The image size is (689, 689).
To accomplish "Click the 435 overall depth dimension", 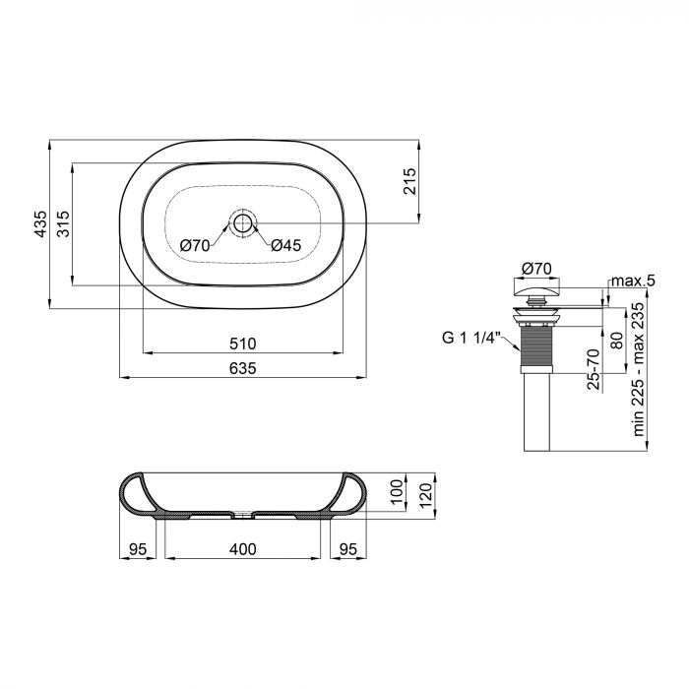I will [x=40, y=225].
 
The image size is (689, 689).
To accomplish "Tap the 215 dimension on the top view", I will [x=411, y=182].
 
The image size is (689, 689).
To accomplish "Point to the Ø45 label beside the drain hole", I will [x=284, y=246].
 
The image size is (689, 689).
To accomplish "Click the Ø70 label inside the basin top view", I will [x=194, y=246].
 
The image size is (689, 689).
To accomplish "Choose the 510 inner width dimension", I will [x=243, y=344].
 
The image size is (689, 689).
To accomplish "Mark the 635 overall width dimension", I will [x=243, y=368].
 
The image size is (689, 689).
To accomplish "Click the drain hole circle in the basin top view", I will [x=242, y=220].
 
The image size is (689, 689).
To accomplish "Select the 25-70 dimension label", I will [x=594, y=369].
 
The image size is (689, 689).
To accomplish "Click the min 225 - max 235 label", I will [x=638, y=369].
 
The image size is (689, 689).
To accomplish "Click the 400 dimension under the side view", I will [x=243, y=548].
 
